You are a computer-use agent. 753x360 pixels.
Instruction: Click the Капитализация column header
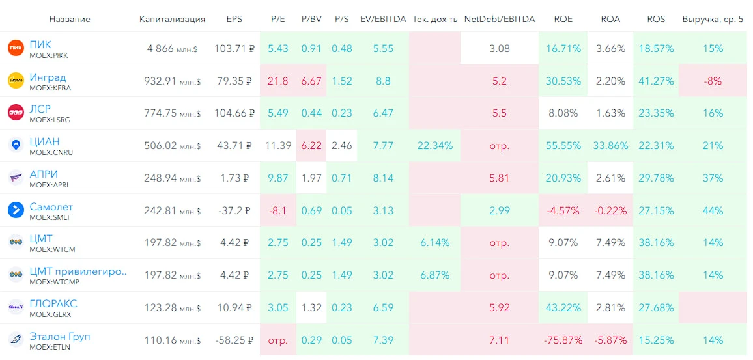173,19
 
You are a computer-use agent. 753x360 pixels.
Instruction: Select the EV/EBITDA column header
383,19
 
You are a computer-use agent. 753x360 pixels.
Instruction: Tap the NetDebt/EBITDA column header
500,19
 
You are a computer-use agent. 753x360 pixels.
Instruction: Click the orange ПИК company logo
16,48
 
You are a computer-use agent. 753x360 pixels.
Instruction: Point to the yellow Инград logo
16,81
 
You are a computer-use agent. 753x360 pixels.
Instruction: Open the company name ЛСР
40,109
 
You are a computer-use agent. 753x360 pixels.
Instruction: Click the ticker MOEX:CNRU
51,152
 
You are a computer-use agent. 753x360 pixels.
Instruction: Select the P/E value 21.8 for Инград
278,81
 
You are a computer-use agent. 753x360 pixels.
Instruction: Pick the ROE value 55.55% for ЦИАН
563,145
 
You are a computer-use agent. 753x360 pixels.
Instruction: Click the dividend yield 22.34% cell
434,145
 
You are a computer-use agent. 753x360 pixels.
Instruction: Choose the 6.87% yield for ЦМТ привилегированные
434,275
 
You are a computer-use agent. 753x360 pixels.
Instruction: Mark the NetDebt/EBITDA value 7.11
500,340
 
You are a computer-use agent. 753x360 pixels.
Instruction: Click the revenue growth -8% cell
713,81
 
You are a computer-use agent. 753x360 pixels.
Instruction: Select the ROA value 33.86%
610,145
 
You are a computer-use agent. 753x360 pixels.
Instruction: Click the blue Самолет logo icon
16,210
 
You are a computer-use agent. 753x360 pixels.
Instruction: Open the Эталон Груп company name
60,337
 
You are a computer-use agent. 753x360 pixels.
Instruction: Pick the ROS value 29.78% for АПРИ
657,178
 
